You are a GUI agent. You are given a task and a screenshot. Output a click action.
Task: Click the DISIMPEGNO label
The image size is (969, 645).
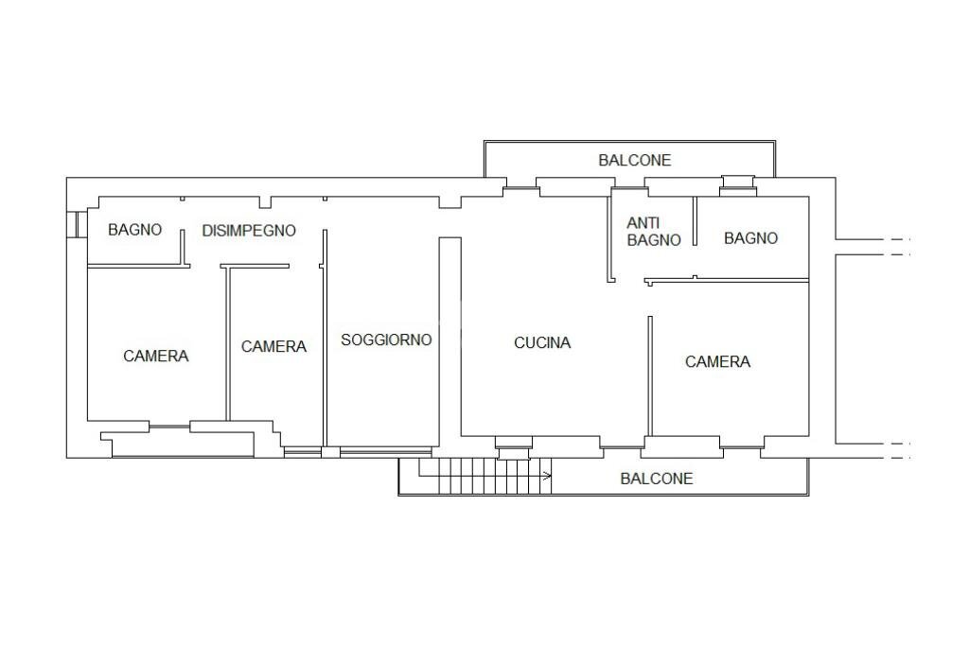pyautogui.click(x=249, y=230)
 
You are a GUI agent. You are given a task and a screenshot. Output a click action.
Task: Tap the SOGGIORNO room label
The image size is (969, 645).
pyautogui.click(x=386, y=340)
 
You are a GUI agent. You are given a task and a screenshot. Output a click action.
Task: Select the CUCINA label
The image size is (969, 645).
pyautogui.click(x=542, y=342)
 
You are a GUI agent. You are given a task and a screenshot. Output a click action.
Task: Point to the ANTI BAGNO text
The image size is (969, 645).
pyautogui.click(x=654, y=232)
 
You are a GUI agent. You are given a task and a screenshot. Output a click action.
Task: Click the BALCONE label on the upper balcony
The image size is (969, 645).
pyautogui.click(x=634, y=160)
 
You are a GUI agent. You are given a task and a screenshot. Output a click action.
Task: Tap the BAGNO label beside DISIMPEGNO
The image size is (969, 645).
pyautogui.click(x=134, y=229)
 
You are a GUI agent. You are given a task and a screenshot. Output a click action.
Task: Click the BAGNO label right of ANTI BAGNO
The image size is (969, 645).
pyautogui.click(x=750, y=238)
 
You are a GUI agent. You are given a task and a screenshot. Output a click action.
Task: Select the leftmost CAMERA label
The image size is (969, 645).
pyautogui.click(x=156, y=356)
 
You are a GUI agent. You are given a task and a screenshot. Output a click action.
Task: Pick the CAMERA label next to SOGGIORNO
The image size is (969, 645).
pyautogui.click(x=273, y=346)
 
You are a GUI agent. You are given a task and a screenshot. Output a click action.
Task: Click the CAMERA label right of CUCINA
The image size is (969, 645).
pyautogui.click(x=717, y=361)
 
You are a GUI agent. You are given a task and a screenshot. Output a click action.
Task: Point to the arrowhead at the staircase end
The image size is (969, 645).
pyautogui.click(x=548, y=476)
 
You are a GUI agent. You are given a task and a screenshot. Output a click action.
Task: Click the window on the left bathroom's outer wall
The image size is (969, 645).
pyautogui.click(x=74, y=224)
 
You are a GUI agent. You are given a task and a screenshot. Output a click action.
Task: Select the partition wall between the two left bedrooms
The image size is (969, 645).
pyautogui.click(x=227, y=345)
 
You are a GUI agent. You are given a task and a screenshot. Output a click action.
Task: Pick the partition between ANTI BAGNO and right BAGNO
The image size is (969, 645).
pyautogui.click(x=695, y=222)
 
